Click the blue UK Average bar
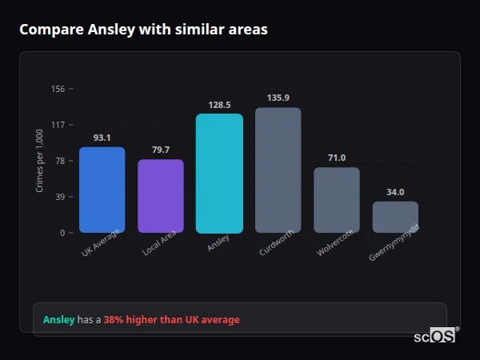pyautogui.click(x=102, y=190)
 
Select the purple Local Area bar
pyautogui.click(x=161, y=196)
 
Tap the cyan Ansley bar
pyautogui.click(x=219, y=173)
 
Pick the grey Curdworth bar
pyautogui.click(x=278, y=170)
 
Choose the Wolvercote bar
pyautogui.click(x=337, y=200)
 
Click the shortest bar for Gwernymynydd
pyautogui.click(x=395, y=217)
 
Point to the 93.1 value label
pyautogui.click(x=102, y=138)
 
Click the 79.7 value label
pyautogui.click(x=161, y=150)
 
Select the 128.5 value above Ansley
pyautogui.click(x=219, y=105)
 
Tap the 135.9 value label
pyautogui.click(x=278, y=98)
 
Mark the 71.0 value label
pyautogui.click(x=337, y=158)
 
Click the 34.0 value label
pyautogui.click(x=395, y=192)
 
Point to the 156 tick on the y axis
pyautogui.click(x=58, y=89)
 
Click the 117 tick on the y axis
pyautogui.click(x=58, y=125)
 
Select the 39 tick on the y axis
pyautogui.click(x=59, y=197)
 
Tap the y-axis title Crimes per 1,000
pyautogui.click(x=40, y=161)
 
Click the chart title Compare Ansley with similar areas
pyautogui.click(x=143, y=30)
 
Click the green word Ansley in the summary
pyautogui.click(x=58, y=320)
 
